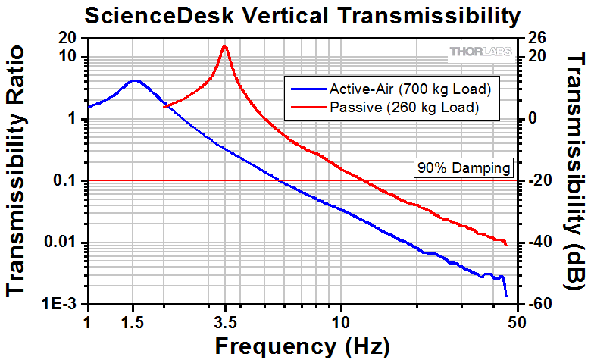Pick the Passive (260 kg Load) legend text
(405, 108)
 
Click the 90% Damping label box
(463, 167)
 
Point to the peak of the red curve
(224, 46)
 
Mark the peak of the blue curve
(134, 80)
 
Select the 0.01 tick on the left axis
(63, 243)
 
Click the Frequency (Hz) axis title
(302, 345)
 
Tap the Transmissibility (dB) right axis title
(575, 171)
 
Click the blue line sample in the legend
(304, 89)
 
